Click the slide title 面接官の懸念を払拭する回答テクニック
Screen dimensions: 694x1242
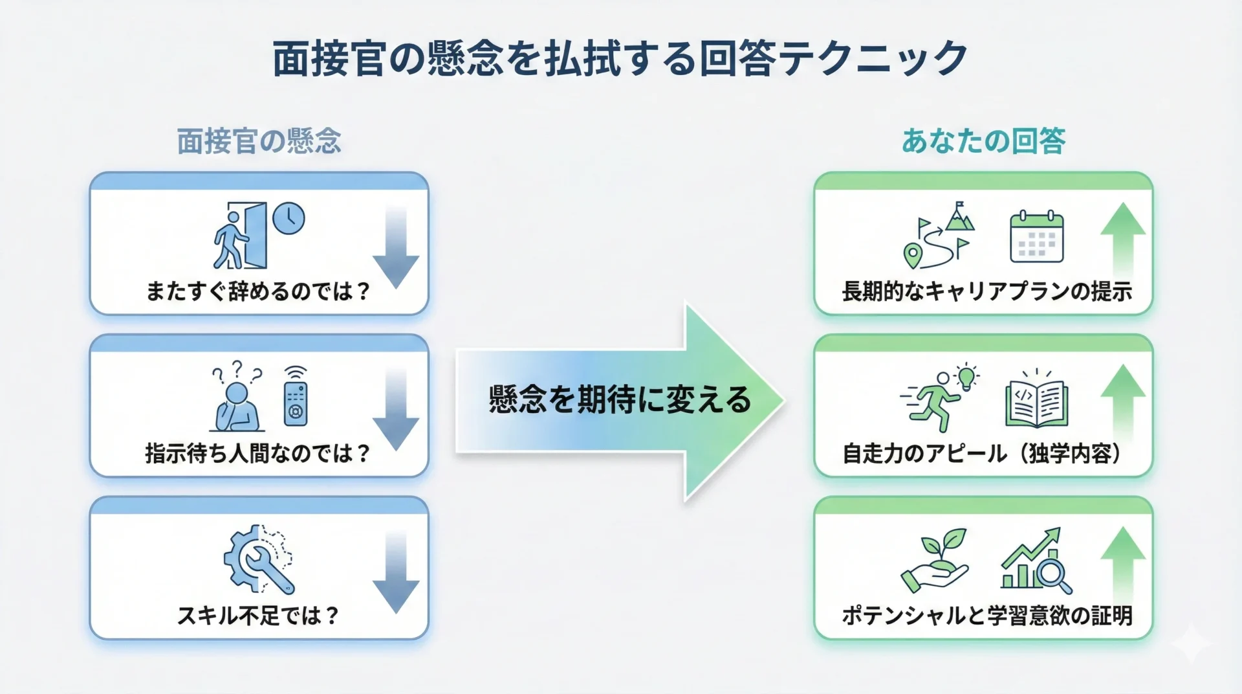pyautogui.click(x=620, y=58)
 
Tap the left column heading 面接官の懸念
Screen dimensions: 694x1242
pyautogui.click(x=259, y=141)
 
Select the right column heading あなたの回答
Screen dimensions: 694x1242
pyautogui.click(x=983, y=141)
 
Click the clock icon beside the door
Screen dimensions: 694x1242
pyautogui.click(x=289, y=219)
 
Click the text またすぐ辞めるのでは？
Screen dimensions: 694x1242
pyautogui.click(x=258, y=291)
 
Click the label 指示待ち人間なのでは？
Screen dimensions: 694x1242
pyautogui.click(x=258, y=453)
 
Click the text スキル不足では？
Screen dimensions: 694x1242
pyautogui.click(x=258, y=615)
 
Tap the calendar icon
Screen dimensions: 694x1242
pyautogui.click(x=1037, y=237)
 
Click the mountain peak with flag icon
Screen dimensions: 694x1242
pyautogui.click(x=959, y=217)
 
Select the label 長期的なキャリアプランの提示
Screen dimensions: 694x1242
pyautogui.click(x=986, y=291)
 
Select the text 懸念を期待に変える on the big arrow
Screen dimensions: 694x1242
pyautogui.click(x=620, y=399)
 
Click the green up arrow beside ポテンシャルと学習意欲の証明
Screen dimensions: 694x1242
pyautogui.click(x=1123, y=563)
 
